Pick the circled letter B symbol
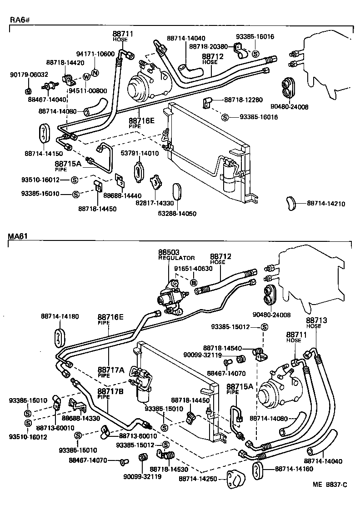click(194, 283)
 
